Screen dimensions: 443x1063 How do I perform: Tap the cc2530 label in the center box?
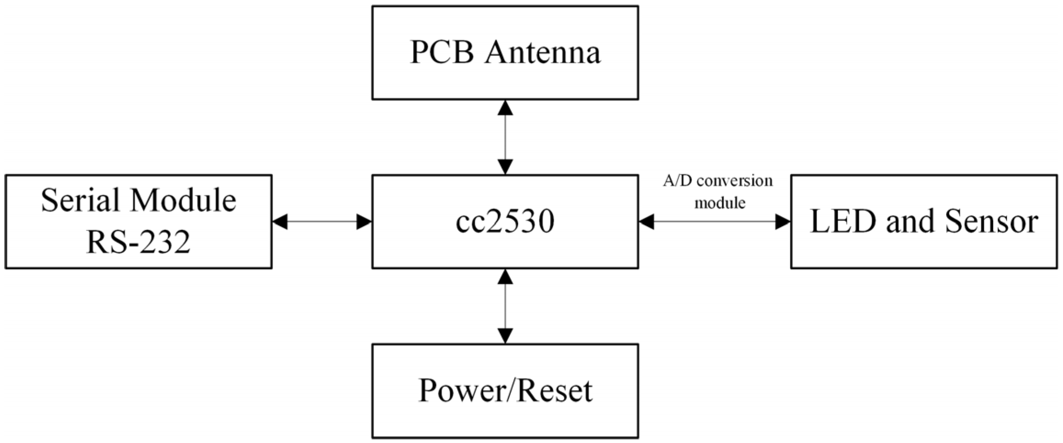[505, 221]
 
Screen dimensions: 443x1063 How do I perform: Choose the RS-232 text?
[138, 242]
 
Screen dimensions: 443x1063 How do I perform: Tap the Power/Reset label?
[505, 391]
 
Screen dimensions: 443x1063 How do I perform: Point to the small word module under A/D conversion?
[719, 203]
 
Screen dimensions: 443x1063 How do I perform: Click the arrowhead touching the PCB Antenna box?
[505, 108]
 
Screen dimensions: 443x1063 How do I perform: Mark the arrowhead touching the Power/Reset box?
[505, 335]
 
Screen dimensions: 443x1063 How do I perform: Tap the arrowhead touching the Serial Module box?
[280, 221]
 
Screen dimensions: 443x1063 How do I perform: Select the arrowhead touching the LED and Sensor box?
[783, 221]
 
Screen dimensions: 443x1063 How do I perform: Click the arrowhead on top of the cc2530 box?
[505, 166]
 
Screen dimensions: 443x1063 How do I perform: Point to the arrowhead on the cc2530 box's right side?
[647, 221]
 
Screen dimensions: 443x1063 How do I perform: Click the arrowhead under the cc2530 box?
[505, 277]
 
